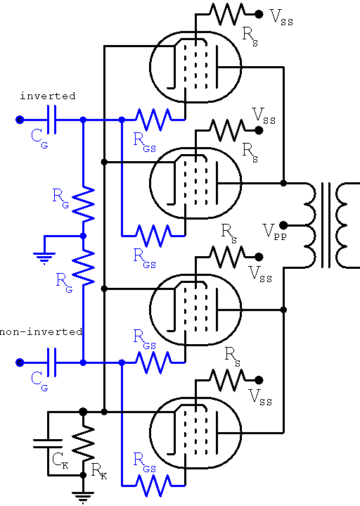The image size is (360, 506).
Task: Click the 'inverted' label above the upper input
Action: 47,95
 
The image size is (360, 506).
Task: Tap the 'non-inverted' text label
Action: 41,331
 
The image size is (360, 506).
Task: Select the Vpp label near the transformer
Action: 274,232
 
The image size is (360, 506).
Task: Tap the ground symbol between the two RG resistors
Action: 45,255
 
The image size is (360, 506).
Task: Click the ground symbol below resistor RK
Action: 84,497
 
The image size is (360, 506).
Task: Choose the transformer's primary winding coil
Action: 309,225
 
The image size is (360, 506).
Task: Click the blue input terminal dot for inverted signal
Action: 19,120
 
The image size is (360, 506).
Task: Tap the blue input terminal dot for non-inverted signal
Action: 19,362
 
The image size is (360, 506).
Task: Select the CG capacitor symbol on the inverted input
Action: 51,120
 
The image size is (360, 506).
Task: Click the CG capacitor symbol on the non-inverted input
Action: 51,362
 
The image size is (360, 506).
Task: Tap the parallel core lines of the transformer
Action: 326,225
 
